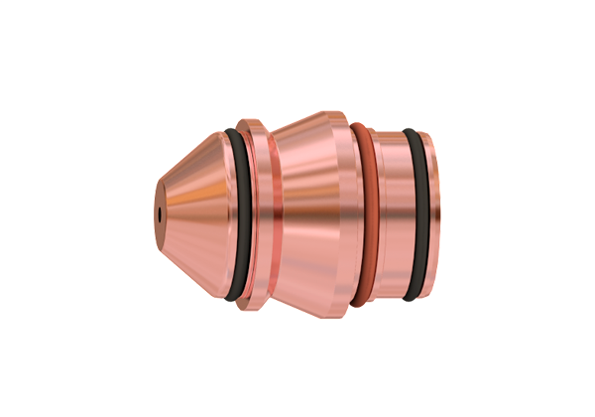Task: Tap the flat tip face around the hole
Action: (x=160, y=202)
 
